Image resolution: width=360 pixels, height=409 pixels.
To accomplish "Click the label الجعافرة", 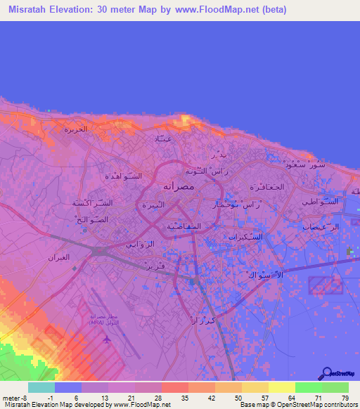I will [266, 187].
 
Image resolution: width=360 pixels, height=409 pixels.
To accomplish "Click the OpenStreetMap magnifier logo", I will [326, 373].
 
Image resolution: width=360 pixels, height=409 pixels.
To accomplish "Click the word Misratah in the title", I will [34, 11].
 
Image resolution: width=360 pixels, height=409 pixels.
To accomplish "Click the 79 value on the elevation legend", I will [345, 398].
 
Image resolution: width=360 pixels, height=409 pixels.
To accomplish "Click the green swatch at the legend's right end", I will [335, 387].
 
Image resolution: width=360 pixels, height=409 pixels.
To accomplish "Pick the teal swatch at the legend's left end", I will [41, 387].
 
